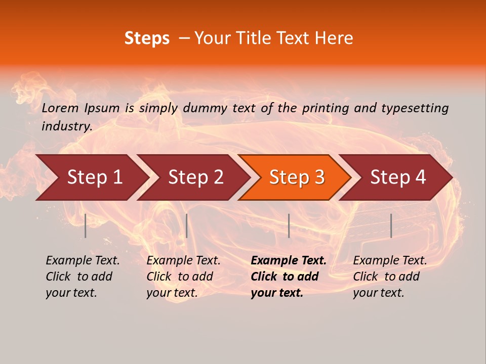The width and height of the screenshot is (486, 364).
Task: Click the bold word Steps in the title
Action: [147, 38]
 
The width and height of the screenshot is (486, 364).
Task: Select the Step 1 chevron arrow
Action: [91, 177]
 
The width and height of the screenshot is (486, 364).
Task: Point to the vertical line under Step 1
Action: [86, 225]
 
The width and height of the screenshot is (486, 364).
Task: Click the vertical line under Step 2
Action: [187, 225]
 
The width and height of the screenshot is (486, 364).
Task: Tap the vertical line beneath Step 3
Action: [289, 225]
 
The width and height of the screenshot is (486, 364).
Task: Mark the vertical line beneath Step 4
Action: [391, 225]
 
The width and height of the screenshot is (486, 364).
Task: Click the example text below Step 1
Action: [83, 277]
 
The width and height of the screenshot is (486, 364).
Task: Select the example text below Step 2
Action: [183, 277]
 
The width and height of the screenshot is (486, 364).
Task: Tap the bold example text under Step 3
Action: [289, 277]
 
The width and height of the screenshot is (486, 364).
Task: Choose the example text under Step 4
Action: [390, 277]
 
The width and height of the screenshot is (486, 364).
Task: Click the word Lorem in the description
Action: [60, 108]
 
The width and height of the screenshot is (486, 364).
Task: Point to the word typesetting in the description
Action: [415, 108]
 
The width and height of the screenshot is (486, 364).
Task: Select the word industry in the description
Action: [67, 126]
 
